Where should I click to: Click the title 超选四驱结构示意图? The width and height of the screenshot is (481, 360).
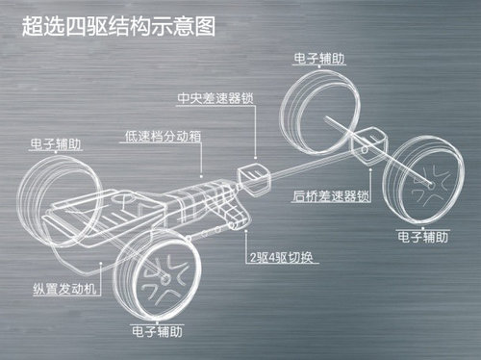(117, 25)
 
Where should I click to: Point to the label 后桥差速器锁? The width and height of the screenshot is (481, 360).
(331, 195)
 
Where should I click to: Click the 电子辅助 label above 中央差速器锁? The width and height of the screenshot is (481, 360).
(322, 59)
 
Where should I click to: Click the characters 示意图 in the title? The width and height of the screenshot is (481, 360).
(182, 25)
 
